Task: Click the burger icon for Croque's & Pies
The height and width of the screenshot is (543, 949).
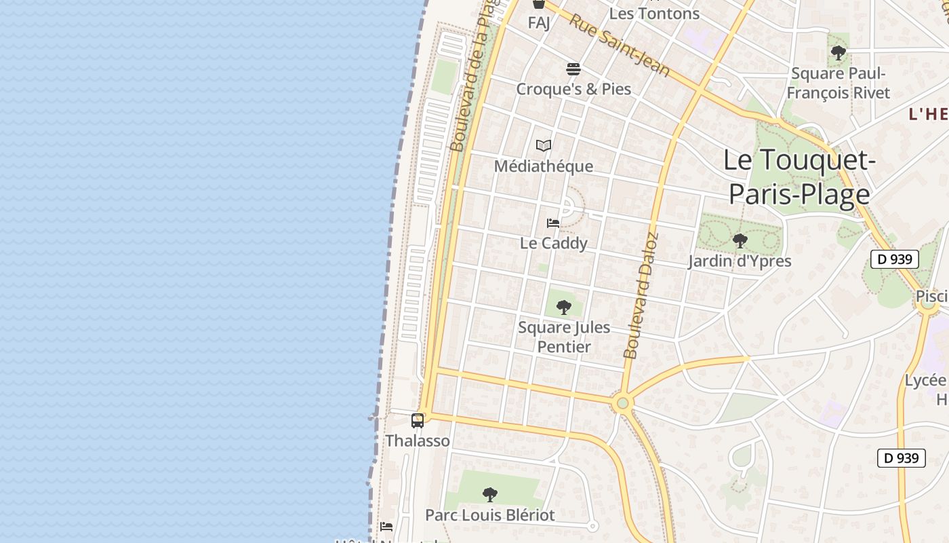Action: point(573,69)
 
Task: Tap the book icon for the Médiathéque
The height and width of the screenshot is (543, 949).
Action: point(543,146)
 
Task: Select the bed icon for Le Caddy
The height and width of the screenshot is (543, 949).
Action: point(553,223)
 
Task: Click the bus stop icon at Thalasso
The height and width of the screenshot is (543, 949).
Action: point(418,421)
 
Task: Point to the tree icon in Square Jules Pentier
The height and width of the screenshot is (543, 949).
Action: point(563,307)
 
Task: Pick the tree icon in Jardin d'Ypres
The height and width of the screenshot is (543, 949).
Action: point(740,240)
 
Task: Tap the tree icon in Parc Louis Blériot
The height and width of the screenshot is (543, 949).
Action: point(489,495)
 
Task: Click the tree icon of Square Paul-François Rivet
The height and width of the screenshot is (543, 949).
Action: point(839,52)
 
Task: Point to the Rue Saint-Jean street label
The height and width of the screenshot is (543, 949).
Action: point(619,45)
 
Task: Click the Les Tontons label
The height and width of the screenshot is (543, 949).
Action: point(654,14)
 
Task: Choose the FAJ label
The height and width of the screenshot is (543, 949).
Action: point(539,23)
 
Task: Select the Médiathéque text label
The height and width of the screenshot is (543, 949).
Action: point(543,166)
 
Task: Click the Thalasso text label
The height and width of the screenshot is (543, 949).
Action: point(418,441)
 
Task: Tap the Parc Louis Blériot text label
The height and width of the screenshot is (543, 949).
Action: point(489,515)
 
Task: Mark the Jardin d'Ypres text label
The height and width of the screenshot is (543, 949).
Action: point(740,261)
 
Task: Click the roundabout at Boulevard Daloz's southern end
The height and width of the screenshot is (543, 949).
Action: point(622,404)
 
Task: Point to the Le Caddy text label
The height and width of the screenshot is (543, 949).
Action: point(553,243)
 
